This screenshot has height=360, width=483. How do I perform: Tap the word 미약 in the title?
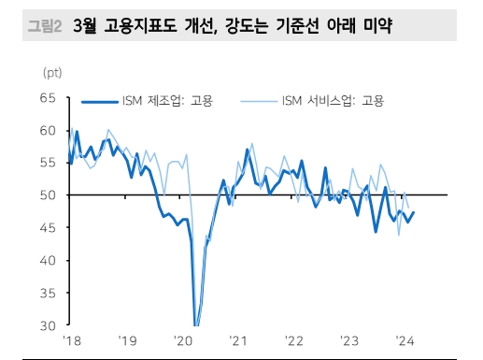click(x=373, y=30)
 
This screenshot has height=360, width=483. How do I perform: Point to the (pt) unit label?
click(x=53, y=72)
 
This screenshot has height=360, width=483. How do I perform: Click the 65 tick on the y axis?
click(x=49, y=98)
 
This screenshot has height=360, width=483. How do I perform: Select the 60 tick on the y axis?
click(x=49, y=131)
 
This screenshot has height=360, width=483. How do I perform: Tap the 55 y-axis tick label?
click(x=49, y=163)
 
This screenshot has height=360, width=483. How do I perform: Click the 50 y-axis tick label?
click(x=49, y=195)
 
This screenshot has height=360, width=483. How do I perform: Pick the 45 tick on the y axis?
click(x=49, y=228)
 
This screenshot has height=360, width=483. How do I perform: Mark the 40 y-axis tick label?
click(x=49, y=261)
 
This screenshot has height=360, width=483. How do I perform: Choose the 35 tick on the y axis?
click(x=49, y=294)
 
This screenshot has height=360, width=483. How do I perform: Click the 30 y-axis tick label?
click(x=49, y=326)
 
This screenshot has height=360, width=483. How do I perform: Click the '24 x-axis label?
click(x=406, y=341)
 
